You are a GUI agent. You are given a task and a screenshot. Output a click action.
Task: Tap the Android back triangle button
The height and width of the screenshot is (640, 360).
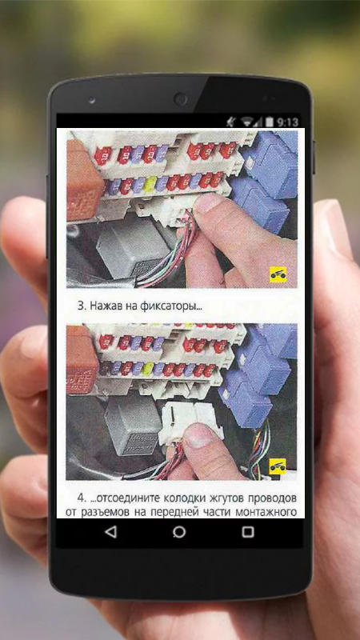(x=110, y=532)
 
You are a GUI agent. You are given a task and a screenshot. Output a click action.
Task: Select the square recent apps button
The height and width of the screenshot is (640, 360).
(x=248, y=532)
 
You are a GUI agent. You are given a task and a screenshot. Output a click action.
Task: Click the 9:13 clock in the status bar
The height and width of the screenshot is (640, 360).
(x=287, y=122)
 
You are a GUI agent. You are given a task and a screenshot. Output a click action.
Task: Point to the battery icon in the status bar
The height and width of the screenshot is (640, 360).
(x=270, y=122)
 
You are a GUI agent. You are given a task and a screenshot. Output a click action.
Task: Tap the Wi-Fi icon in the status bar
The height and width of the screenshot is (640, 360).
(x=247, y=122)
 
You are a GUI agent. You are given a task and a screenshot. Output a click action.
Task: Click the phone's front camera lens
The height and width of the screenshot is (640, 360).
(x=180, y=99)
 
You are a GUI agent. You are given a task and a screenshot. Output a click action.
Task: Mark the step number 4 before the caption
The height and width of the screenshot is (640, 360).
(x=82, y=498)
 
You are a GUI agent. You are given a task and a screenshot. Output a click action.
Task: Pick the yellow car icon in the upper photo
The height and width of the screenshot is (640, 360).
(x=278, y=274)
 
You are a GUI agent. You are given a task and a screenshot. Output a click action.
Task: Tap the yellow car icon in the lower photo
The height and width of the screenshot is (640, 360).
(x=277, y=466)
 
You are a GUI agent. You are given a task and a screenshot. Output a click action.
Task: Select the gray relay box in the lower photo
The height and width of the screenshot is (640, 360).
(x=134, y=425)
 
